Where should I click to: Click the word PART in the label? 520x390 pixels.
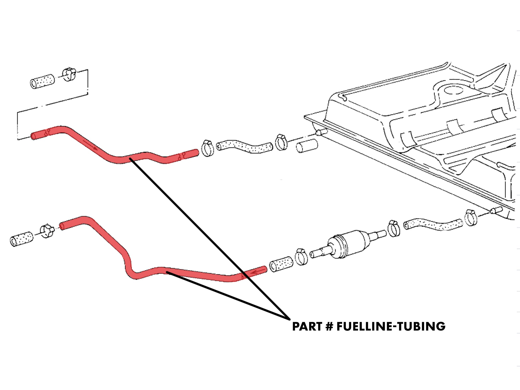[x=307, y=327]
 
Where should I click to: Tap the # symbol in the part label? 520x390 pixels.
[x=329, y=327]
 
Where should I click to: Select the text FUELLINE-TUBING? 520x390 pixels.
[x=391, y=327]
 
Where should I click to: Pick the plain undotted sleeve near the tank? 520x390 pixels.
[x=307, y=146]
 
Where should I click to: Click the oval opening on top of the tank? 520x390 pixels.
[x=453, y=90]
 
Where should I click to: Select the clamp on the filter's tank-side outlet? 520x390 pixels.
[x=394, y=229]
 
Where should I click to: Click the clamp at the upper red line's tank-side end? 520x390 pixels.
[x=207, y=148]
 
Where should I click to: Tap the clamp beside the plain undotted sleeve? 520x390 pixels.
[x=281, y=142]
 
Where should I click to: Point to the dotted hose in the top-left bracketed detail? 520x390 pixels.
[x=42, y=81]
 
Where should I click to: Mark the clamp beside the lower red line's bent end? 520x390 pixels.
[x=47, y=231]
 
